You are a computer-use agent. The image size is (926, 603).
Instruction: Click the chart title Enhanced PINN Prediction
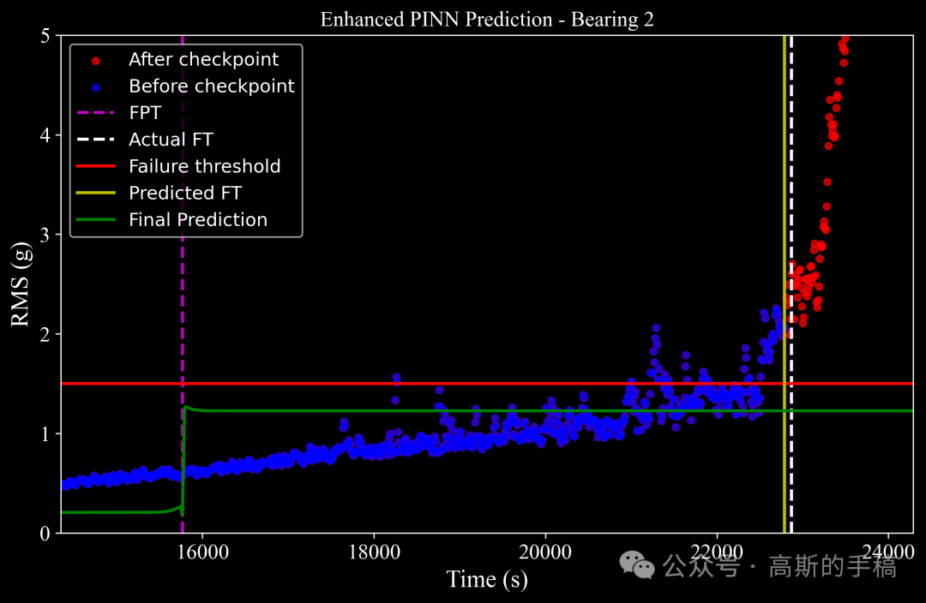pyautogui.click(x=487, y=19)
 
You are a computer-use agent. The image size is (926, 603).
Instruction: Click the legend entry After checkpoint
pyautogui.click(x=203, y=59)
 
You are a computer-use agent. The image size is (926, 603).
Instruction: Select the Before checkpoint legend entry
pyautogui.click(x=211, y=86)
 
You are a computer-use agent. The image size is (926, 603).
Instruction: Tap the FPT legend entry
pyautogui.click(x=145, y=113)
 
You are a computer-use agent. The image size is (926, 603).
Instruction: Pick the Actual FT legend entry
pyautogui.click(x=171, y=140)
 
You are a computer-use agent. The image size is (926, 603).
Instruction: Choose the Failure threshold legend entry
pyautogui.click(x=204, y=166)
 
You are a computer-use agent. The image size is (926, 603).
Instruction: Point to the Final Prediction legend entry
pyautogui.click(x=197, y=219)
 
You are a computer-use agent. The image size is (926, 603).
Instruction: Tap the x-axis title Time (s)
pyautogui.click(x=486, y=579)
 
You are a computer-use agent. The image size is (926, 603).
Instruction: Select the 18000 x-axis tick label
pyautogui.click(x=374, y=550)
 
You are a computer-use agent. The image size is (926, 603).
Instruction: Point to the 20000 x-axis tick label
pyautogui.click(x=545, y=550)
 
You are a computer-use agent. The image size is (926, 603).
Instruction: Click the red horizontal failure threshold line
pyautogui.click(x=429, y=384)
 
